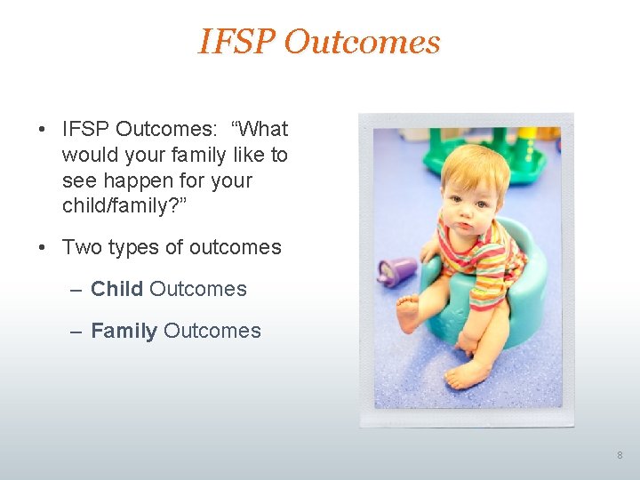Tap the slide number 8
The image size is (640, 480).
pos(620,455)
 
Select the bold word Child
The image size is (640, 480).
pos(117,289)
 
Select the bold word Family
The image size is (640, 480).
pos(124,331)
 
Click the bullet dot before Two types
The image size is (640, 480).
pos(43,247)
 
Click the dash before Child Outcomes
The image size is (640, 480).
pos(76,289)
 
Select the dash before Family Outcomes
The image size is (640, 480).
pos(76,331)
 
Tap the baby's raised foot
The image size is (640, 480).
pos(407,314)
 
